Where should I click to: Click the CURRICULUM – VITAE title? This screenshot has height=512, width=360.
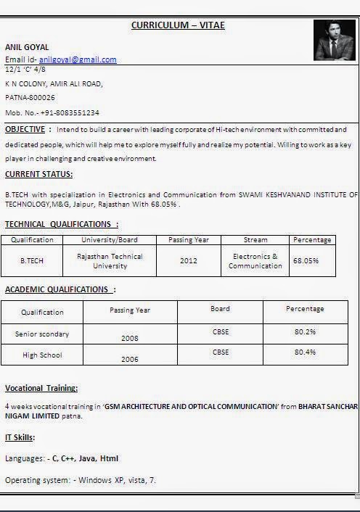(x=178, y=25)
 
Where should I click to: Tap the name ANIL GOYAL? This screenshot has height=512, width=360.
(x=27, y=47)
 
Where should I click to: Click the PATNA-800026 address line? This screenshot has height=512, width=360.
(x=30, y=97)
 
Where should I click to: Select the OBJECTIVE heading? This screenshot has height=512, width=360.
(x=25, y=129)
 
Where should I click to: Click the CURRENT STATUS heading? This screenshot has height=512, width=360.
(x=38, y=174)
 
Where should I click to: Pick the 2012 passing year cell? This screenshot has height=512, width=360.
(x=188, y=261)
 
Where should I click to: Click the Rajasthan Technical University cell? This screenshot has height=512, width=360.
(x=110, y=261)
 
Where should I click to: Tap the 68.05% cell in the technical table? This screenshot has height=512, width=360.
(x=305, y=260)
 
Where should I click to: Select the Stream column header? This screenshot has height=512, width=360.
(x=255, y=240)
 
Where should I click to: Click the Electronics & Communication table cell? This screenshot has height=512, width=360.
(x=255, y=261)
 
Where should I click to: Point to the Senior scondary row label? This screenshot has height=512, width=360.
(x=42, y=334)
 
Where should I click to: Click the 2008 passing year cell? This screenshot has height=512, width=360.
(x=129, y=338)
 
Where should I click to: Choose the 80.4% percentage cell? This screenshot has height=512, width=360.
(x=305, y=352)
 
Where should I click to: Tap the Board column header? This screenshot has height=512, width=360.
(x=220, y=309)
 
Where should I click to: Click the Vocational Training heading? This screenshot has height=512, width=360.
(x=41, y=388)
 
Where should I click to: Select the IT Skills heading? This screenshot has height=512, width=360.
(x=20, y=437)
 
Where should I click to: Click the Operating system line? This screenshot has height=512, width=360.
(x=80, y=480)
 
